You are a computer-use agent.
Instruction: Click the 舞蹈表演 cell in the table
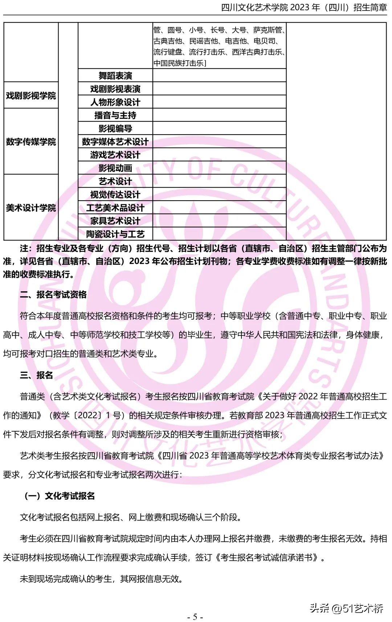tap(115, 76)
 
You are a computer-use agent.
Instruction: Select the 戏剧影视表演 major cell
tap(115, 89)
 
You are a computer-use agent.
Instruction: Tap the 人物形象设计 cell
tap(115, 102)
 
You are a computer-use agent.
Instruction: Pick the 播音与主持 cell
tap(115, 115)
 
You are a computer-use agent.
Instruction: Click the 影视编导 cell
tap(115, 128)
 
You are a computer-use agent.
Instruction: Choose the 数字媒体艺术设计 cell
tap(115, 142)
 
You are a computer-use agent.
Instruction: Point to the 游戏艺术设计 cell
tap(115, 155)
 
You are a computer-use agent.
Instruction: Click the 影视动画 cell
tap(115, 168)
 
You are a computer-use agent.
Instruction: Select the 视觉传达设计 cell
tap(115, 195)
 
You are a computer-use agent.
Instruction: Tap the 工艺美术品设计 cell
tap(115, 208)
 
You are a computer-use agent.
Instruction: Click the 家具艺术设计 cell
tap(115, 221)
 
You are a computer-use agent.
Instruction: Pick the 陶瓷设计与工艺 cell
tap(115, 234)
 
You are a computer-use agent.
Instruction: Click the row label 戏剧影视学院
tap(31, 96)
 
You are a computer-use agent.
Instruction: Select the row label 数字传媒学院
tap(31, 142)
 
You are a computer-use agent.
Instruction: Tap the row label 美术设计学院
tap(31, 208)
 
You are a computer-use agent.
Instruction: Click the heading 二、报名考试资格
tap(53, 294)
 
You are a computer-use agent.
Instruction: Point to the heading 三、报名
tap(36, 375)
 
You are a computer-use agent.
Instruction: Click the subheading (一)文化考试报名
tap(59, 496)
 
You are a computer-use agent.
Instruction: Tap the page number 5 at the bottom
tap(195, 617)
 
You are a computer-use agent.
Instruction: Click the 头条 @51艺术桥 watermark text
tap(346, 608)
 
